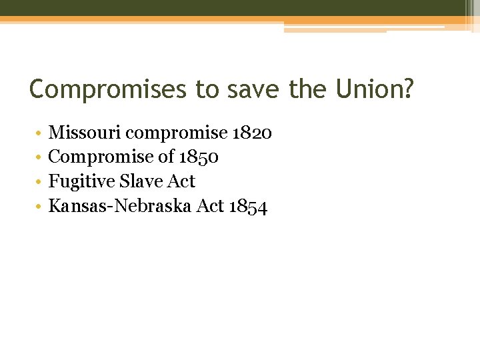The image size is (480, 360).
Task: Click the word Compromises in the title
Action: (108, 89)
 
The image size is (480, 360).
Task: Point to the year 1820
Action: (252, 133)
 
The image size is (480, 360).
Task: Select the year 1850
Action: (199, 157)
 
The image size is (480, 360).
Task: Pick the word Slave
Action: (140, 181)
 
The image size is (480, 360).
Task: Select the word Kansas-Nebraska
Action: (121, 206)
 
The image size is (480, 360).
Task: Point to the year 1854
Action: (248, 206)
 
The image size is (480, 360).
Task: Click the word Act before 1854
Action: (211, 206)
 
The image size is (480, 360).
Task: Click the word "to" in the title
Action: (205, 89)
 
